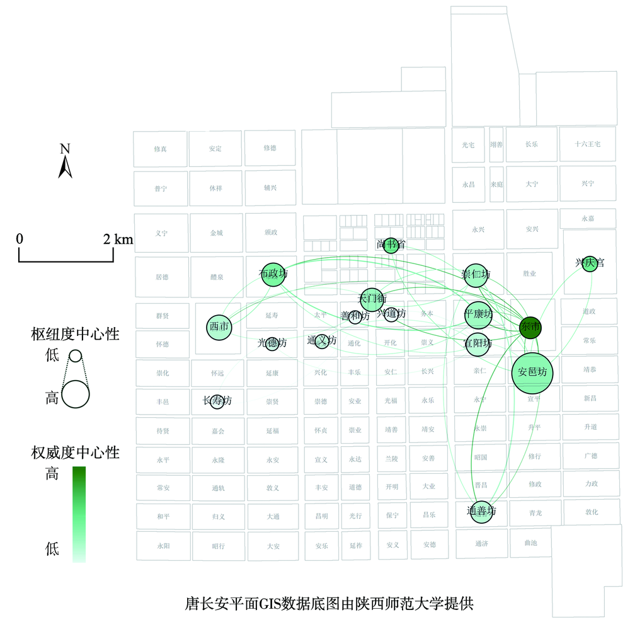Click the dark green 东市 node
(530, 328)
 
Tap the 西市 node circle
(219, 326)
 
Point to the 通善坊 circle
(481, 511)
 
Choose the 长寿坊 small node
(217, 401)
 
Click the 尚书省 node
(391, 245)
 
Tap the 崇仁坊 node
(476, 275)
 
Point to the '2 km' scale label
(118, 239)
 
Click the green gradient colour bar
(79, 514)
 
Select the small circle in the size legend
(75, 355)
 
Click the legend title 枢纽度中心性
(75, 334)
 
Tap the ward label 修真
(161, 149)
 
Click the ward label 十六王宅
(588, 144)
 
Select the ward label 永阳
(163, 546)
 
